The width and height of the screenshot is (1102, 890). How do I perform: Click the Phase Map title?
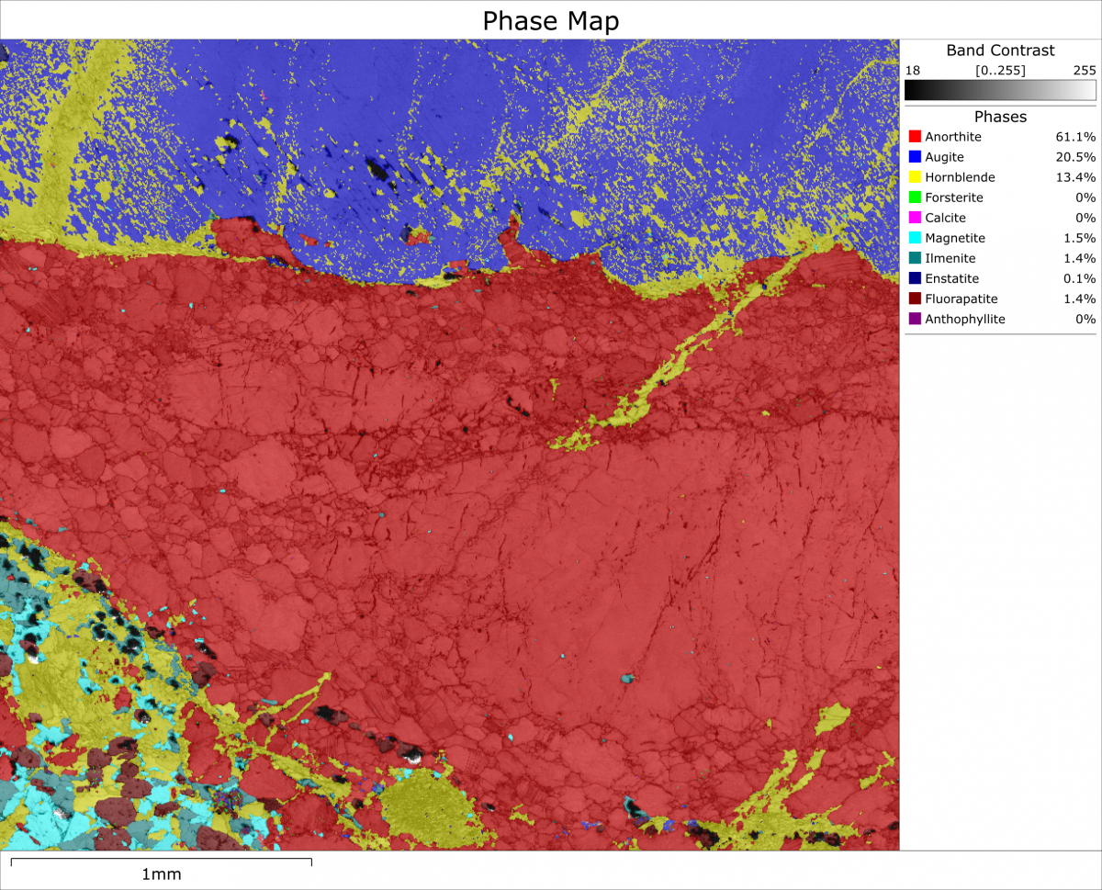pos(551,20)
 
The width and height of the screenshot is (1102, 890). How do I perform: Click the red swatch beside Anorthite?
pos(914,137)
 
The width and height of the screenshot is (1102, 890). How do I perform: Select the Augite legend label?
pos(944,157)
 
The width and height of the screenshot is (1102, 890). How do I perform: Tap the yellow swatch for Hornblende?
pos(914,177)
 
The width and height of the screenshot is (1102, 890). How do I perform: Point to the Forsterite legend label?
pos(953,197)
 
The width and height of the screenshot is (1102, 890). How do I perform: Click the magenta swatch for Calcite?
pos(914,218)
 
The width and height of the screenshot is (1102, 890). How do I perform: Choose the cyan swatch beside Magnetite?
pos(914,238)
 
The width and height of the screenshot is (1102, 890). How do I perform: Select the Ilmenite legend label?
pos(950,258)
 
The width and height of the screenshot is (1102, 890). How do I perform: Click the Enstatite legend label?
pos(951,278)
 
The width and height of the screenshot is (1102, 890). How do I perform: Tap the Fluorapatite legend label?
pos(961,299)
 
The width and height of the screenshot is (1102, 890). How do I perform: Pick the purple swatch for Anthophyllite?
pos(914,319)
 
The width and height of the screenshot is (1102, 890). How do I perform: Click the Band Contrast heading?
pos(1000,51)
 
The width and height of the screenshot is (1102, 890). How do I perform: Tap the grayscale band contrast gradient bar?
pos(1000,90)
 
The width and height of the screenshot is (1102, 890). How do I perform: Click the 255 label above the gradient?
pos(1084,70)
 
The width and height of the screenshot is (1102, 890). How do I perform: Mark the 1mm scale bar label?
pos(161,874)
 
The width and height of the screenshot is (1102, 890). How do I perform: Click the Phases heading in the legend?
pos(1000,117)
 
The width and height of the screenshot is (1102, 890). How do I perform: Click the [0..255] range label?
pos(1000,70)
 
